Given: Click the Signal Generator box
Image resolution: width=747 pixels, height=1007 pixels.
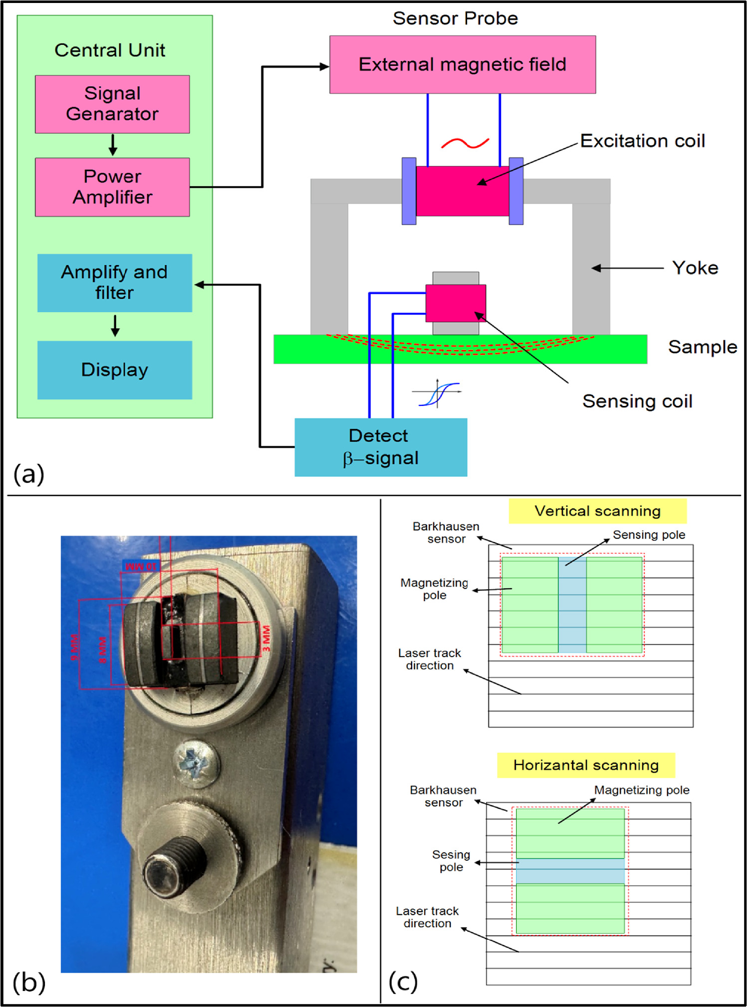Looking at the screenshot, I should [112, 104].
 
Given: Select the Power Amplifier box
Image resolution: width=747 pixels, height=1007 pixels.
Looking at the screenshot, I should [112, 187].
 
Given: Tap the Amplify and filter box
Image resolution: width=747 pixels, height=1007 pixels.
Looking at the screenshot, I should [114, 283].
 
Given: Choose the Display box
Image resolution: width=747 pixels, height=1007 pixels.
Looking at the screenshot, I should [114, 369].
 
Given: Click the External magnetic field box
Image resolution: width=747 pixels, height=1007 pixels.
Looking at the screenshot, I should [462, 64].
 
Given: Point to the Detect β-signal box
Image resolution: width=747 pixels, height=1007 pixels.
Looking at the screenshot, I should [380, 447].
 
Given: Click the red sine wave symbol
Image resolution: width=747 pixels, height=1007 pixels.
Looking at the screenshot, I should [465, 144].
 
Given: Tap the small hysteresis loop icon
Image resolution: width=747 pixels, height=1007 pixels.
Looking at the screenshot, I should [437, 393].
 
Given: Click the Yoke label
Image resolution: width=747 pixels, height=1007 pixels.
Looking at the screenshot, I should [695, 268].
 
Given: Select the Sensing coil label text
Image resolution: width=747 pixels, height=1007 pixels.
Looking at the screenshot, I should [637, 401].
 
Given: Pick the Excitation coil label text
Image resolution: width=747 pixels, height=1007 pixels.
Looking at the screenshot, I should [642, 141].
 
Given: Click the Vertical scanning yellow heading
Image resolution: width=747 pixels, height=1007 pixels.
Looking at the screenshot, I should [597, 511].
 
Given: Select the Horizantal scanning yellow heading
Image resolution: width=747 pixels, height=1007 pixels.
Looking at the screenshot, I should [586, 765].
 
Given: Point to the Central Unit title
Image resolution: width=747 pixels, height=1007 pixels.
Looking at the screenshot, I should [110, 50].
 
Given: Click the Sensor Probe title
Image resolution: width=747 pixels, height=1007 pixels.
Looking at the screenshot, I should [455, 18].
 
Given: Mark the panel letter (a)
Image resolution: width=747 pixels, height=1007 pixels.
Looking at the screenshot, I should [29, 473].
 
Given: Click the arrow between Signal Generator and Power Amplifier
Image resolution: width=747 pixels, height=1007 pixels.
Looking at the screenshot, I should [113, 145].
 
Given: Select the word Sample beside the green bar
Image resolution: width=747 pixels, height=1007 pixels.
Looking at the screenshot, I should [702, 347].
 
